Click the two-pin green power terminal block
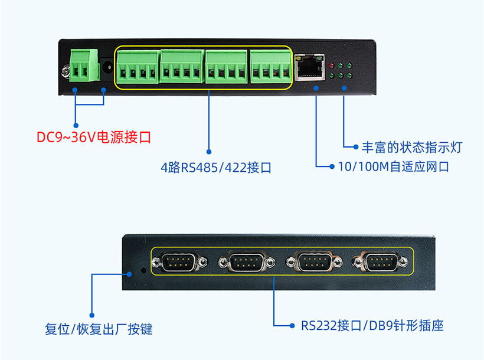[x=83, y=65]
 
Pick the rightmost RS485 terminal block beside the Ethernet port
[x=271, y=66]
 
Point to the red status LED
[x=333, y=65]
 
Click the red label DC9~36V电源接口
[x=94, y=138]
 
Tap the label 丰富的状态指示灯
[x=412, y=146]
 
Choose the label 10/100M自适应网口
[x=393, y=166]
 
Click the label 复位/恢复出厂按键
[x=99, y=329]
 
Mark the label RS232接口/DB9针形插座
[x=372, y=325]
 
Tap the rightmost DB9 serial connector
[x=380, y=261]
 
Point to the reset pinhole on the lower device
[x=145, y=271]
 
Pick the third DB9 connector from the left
[x=312, y=261]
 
